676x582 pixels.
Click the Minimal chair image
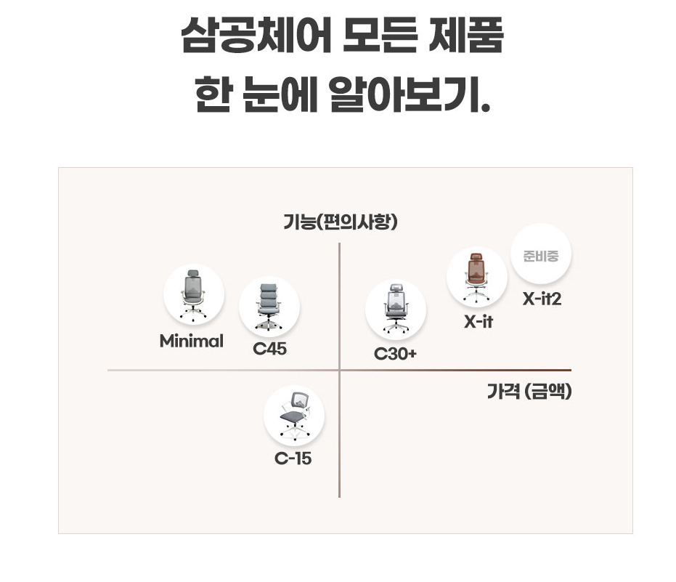[193, 294]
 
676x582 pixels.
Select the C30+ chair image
[395, 310]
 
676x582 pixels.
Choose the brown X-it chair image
[476, 278]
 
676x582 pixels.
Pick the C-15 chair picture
[294, 416]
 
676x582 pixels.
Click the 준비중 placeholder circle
[541, 256]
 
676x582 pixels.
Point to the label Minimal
[192, 341]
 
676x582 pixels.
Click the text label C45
[269, 349]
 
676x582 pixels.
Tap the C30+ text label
[396, 354]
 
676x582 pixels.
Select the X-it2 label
[542, 299]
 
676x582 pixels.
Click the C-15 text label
[293, 459]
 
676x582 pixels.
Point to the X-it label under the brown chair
[479, 322]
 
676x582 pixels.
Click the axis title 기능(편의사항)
[340, 222]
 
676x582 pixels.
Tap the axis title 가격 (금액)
[529, 392]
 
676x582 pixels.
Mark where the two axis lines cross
[339, 370]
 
